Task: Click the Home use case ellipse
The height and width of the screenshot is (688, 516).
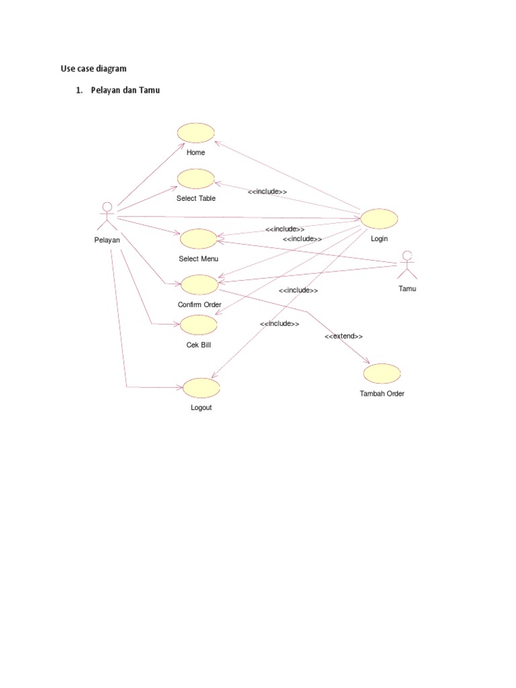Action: pyautogui.click(x=196, y=133)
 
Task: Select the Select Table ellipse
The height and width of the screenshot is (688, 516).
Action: pyautogui.click(x=196, y=179)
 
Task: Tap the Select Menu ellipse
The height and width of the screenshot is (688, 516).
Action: pyautogui.click(x=198, y=239)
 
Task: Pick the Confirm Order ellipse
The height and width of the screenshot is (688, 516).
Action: pyautogui.click(x=200, y=285)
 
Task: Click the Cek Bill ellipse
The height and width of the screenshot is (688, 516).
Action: pyautogui.click(x=199, y=325)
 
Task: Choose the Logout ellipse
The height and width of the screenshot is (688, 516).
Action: pyautogui.click(x=201, y=387)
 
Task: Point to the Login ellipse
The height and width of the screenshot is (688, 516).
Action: pyautogui.click(x=379, y=218)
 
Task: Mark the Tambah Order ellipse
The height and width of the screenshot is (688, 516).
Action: pyautogui.click(x=382, y=373)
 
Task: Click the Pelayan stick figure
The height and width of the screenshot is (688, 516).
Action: pyautogui.click(x=106, y=216)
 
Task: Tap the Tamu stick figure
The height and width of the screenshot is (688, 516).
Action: pyautogui.click(x=406, y=265)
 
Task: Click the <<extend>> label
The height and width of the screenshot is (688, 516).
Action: pyautogui.click(x=343, y=336)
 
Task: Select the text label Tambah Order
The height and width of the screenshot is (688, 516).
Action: pyautogui.click(x=382, y=394)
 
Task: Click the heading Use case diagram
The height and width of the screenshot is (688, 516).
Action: pyautogui.click(x=91, y=69)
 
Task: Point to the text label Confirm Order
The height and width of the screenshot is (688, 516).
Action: pyautogui.click(x=200, y=304)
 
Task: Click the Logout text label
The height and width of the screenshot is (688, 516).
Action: pyautogui.click(x=201, y=408)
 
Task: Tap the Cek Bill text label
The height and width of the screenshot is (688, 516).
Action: pyautogui.click(x=199, y=345)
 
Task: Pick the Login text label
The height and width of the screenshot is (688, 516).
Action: pyautogui.click(x=379, y=239)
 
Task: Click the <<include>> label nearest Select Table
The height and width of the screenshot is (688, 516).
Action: pyautogui.click(x=267, y=192)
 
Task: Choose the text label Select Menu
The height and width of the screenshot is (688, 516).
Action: pyautogui.click(x=198, y=259)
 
